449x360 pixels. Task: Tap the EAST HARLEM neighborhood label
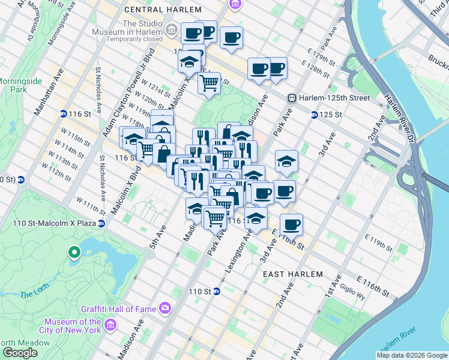click(x=293, y=274)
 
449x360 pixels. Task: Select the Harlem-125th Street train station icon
click(x=292, y=98)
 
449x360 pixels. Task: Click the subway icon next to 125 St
click(x=314, y=115)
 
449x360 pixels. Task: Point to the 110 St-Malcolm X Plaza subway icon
click(x=101, y=224)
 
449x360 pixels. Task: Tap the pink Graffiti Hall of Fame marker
click(x=164, y=308)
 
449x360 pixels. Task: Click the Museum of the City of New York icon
click(x=110, y=325)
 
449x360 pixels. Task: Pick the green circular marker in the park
click(x=74, y=253)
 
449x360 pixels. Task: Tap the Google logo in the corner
click(x=19, y=353)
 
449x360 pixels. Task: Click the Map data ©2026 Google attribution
click(x=412, y=355)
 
